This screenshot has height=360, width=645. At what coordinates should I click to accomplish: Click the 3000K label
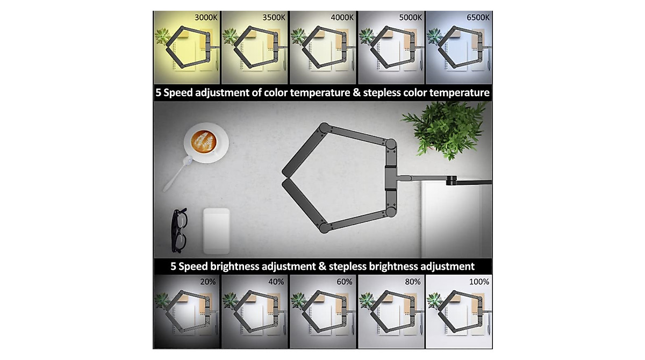(x=206, y=17)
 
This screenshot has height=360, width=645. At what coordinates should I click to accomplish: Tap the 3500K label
(x=274, y=17)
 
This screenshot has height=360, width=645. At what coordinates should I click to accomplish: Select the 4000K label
(x=342, y=17)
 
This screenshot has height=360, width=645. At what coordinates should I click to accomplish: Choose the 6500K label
(x=478, y=17)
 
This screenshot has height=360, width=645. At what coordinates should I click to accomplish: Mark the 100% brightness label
(x=478, y=282)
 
